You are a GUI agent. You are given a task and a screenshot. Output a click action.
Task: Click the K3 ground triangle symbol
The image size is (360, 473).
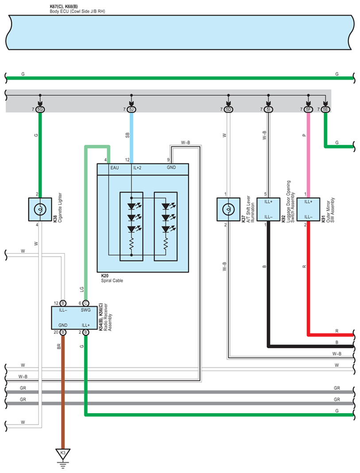click(63, 454)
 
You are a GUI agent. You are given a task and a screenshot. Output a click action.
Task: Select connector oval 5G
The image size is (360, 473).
click(40, 109)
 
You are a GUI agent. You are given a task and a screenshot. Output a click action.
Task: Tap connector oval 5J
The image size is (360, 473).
click(132, 109)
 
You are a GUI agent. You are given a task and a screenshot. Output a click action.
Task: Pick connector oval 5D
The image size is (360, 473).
click(228, 109)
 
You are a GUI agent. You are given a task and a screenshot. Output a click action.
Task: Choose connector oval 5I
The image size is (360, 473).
click(268, 109)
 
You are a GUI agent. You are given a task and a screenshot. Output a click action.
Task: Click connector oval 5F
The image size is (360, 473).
click(308, 109)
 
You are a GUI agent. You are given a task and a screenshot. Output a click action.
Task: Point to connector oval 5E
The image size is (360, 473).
click(325, 109)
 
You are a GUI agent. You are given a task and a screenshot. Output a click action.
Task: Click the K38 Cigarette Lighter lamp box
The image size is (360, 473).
click(40, 209)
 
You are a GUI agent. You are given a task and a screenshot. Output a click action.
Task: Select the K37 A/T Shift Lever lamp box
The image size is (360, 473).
click(228, 209)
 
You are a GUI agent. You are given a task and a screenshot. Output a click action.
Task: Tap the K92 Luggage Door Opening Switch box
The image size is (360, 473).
click(268, 209)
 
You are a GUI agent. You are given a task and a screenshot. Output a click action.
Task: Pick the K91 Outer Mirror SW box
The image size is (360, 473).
click(309, 209)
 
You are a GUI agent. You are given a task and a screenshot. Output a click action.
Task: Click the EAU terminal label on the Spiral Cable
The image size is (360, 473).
click(115, 168)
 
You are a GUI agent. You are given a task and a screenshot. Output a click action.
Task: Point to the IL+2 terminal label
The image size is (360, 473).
click(137, 168)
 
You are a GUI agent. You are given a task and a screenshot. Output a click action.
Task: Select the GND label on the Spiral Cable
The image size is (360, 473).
click(171, 167)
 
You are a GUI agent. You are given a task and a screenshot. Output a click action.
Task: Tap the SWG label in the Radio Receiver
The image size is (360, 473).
click(85, 310)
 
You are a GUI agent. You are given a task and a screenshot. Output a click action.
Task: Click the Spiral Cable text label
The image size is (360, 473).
click(112, 280)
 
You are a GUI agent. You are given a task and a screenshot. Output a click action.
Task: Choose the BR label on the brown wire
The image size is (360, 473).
click(59, 346)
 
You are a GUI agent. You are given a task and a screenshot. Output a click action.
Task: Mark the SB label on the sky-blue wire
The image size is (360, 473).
click(127, 135)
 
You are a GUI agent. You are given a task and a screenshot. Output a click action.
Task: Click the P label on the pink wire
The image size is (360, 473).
click(304, 135)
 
